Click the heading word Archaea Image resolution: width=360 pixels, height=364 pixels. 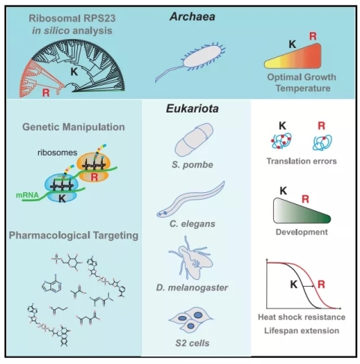tap(193, 17)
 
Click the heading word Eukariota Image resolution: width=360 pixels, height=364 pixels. tap(193, 109)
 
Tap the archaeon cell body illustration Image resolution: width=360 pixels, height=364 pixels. tap(202, 56)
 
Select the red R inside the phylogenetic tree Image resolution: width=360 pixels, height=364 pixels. tap(46, 93)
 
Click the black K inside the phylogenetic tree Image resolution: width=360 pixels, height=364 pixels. tap(74, 72)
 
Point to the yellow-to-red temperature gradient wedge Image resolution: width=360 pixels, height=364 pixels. tap(293, 56)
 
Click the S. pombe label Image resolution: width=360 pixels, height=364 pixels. tap(193, 164)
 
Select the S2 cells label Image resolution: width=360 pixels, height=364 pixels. tap(192, 343)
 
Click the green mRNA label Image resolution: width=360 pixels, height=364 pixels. tap(27, 195)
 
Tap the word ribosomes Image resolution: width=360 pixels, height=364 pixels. tap(57, 152)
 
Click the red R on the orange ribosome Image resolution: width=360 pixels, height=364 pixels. tap(94, 177)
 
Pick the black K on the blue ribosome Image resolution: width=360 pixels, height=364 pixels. tap(62, 198)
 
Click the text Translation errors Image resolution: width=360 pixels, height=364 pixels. tap(301, 161)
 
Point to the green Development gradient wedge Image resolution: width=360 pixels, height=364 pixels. tap(302, 211)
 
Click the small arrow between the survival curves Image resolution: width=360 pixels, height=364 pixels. tap(308, 286)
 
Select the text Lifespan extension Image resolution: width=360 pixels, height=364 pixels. tap(301, 330)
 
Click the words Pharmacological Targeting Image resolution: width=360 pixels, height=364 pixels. tap(73, 236)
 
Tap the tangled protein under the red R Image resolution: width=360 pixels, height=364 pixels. tap(322, 143)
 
